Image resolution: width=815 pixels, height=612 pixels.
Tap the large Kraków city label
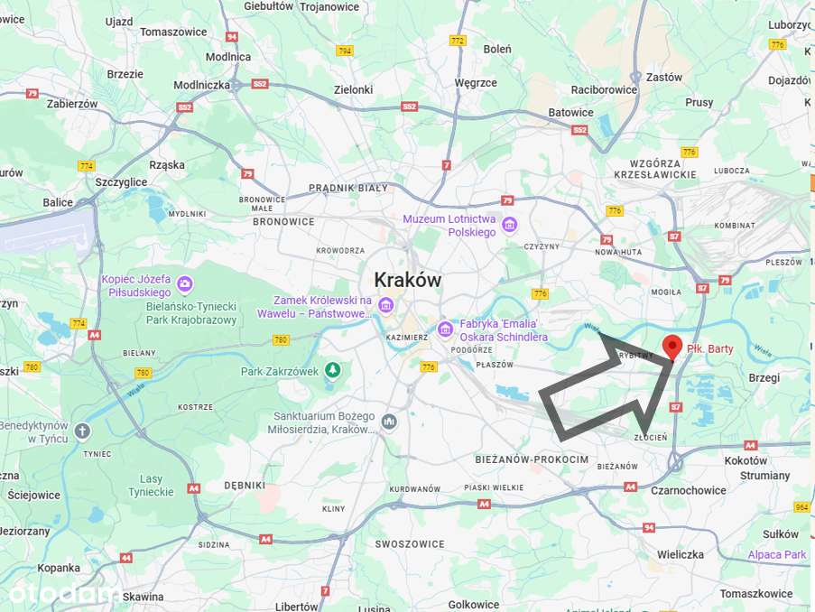[407, 280]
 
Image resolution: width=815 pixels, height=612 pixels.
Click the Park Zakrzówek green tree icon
[333, 370]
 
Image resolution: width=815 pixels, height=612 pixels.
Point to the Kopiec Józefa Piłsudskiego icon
[185, 285]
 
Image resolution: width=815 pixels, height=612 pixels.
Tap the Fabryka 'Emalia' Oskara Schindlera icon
[444, 329]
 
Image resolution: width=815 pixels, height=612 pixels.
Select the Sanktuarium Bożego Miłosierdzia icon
[388, 422]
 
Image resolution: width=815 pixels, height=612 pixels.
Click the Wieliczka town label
[680, 553]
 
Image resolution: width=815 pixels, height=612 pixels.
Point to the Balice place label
[58, 202]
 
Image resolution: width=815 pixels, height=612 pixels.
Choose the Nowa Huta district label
[617, 253]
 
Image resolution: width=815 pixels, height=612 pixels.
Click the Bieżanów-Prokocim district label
[532, 459]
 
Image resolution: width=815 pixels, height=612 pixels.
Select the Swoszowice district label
[410, 544]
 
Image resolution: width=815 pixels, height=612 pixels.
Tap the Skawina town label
[144, 597]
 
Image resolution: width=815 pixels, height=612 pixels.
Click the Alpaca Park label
[776, 554]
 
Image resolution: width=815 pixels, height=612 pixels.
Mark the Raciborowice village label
[604, 89]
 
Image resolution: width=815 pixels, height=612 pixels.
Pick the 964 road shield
[801, 507]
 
